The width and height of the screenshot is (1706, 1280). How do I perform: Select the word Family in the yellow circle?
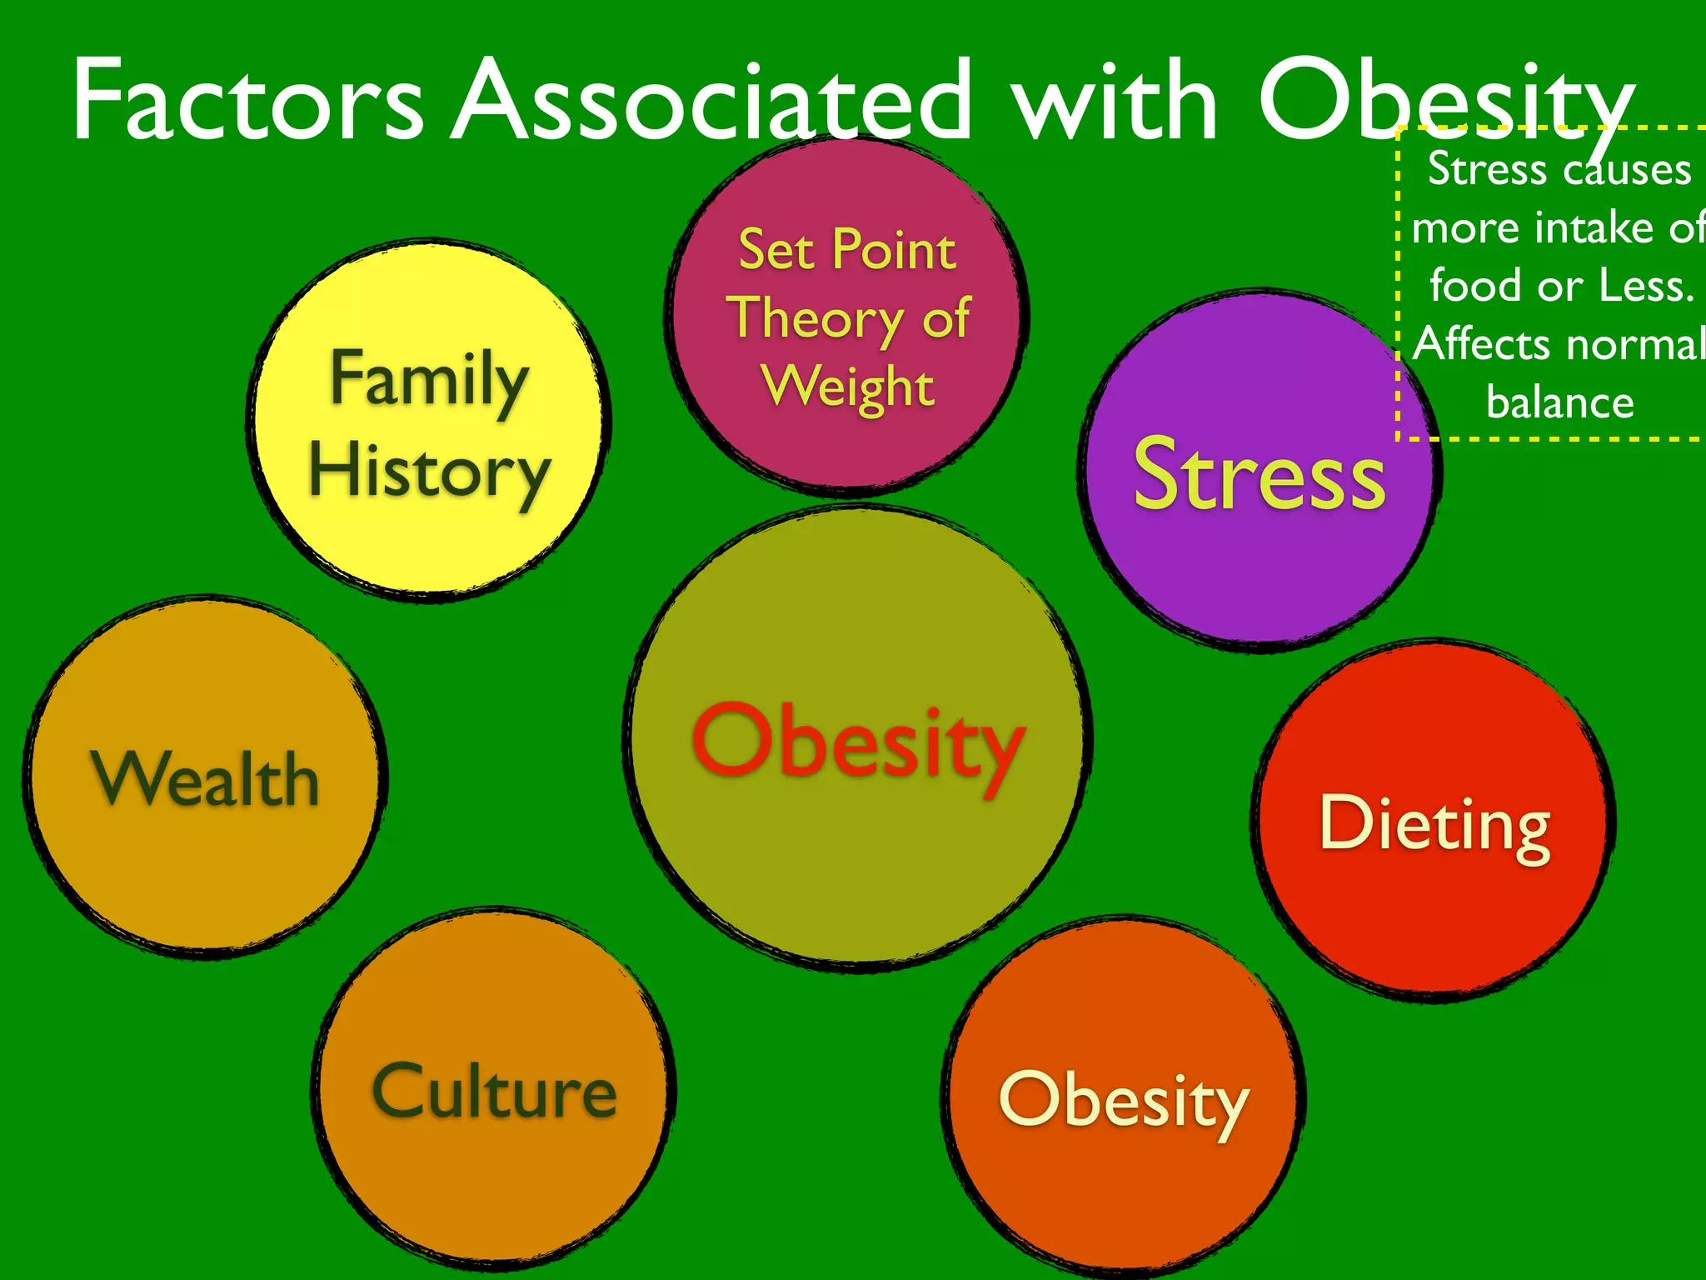pyautogui.click(x=430, y=380)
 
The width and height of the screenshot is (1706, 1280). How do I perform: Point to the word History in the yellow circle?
pyautogui.click(x=430, y=472)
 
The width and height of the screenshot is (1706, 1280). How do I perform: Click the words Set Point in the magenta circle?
pyautogui.click(x=847, y=249)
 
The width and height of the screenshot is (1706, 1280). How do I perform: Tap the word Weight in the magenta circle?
pyautogui.click(x=848, y=387)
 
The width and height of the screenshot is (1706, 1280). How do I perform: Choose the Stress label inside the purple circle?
pyautogui.click(x=1260, y=475)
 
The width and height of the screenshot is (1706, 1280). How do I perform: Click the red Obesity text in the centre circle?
pyautogui.click(x=858, y=742)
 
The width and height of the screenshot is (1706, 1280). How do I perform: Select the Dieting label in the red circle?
pyautogui.click(x=1434, y=825)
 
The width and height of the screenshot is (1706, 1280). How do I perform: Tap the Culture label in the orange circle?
pyautogui.click(x=495, y=1092)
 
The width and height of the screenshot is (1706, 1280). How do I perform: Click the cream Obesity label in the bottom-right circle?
pyautogui.click(x=1124, y=1100)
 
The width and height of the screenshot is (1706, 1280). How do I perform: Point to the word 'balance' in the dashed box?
pyautogui.click(x=1559, y=402)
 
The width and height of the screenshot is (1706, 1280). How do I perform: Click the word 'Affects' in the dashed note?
pyautogui.click(x=1471, y=343)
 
